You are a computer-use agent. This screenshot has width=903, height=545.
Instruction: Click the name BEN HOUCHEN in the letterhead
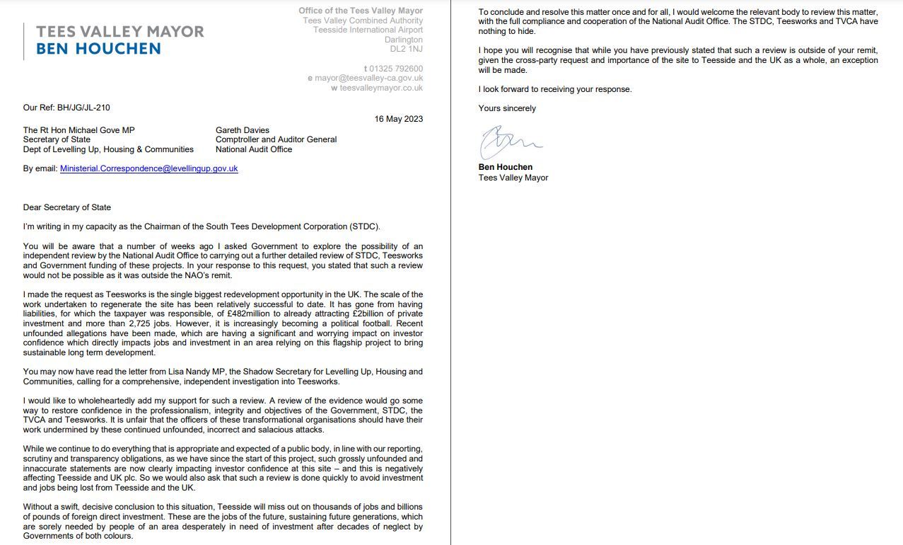click(x=98, y=49)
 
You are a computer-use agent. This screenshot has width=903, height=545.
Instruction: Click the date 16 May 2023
click(x=399, y=119)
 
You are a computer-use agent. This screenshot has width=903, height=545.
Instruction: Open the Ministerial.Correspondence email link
click(x=148, y=168)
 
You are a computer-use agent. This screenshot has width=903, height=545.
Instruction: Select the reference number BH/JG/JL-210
click(x=83, y=108)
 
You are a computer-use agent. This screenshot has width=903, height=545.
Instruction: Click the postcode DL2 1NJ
click(x=406, y=49)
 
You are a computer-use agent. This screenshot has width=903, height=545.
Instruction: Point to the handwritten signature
click(x=509, y=142)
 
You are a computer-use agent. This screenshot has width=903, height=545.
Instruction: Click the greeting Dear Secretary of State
click(x=67, y=207)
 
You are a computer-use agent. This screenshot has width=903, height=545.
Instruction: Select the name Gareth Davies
click(x=243, y=130)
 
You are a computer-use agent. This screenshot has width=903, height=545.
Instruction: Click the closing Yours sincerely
click(x=507, y=108)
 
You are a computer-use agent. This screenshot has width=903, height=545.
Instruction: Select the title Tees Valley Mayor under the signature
click(x=513, y=178)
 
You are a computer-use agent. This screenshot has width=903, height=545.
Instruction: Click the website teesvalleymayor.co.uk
click(x=381, y=88)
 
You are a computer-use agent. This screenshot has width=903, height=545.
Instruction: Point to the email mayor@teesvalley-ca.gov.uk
click(x=368, y=79)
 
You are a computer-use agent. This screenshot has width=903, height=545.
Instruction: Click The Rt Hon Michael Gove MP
click(x=78, y=130)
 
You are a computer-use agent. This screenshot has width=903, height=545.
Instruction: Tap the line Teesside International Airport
click(x=368, y=30)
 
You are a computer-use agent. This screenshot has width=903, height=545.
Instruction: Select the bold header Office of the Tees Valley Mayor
click(x=361, y=11)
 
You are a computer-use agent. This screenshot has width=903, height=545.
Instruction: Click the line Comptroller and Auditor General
click(x=276, y=139)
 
